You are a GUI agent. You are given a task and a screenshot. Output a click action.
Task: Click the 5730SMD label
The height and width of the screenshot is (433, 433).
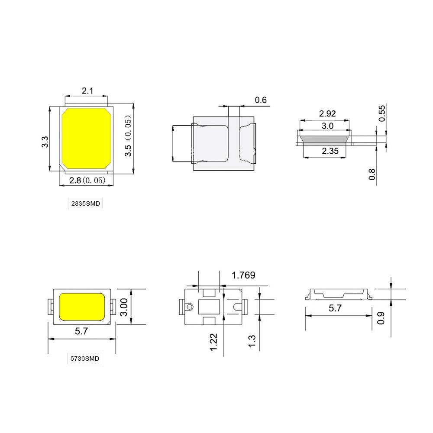[x=85, y=359]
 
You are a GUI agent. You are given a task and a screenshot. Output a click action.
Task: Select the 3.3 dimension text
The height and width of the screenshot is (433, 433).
[x=45, y=142]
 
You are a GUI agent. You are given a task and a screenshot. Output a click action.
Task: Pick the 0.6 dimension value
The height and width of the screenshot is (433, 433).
[x=261, y=100]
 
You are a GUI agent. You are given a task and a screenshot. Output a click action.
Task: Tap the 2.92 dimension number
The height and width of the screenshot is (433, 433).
[x=328, y=114]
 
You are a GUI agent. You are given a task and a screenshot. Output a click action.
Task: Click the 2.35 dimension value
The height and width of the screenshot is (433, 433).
[x=328, y=151]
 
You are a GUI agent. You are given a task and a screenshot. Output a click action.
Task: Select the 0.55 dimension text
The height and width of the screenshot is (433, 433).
[x=382, y=113]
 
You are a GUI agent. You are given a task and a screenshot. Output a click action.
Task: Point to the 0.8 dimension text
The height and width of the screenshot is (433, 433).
[x=372, y=174]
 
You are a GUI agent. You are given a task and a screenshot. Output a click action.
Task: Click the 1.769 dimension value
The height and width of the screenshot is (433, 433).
[x=243, y=275]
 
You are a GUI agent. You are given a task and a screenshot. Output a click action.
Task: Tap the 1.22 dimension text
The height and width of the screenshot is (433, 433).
[x=214, y=342]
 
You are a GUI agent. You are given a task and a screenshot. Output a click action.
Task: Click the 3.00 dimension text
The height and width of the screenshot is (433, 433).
[x=123, y=307]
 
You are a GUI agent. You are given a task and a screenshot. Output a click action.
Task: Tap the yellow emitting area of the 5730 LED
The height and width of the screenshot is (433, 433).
[x=81, y=306]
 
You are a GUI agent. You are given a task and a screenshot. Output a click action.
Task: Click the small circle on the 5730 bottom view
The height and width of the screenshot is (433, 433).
[x=189, y=307]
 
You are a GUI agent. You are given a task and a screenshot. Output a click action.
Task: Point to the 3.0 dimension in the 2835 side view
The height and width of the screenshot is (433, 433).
[x=328, y=126]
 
